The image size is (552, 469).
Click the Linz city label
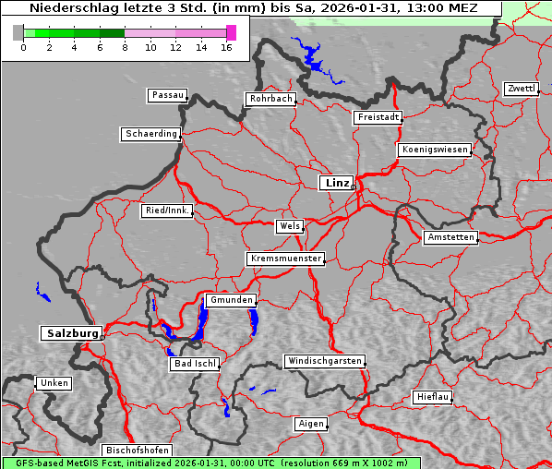tap(337, 183)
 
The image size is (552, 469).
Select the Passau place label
tap(167, 95)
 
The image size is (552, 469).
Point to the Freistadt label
tap(378, 117)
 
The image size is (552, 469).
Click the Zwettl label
tap(521, 89)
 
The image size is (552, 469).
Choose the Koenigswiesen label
tap(435, 150)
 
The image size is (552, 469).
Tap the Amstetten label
tap(450, 237)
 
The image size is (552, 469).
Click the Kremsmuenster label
tap(285, 259)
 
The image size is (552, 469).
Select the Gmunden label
tap(230, 300)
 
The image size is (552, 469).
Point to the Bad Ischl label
tap(195, 364)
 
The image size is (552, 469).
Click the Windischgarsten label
tap(323, 361)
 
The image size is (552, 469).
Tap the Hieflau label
tap(433, 397)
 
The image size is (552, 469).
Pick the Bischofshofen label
tap(137, 450)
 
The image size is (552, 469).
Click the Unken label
tap(54, 382)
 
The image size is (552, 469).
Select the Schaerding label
tap(150, 134)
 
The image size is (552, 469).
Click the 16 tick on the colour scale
tap(226, 47)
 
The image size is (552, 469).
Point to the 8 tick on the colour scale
tap(125, 47)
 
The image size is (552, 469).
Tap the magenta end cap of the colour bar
tap(231, 32)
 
